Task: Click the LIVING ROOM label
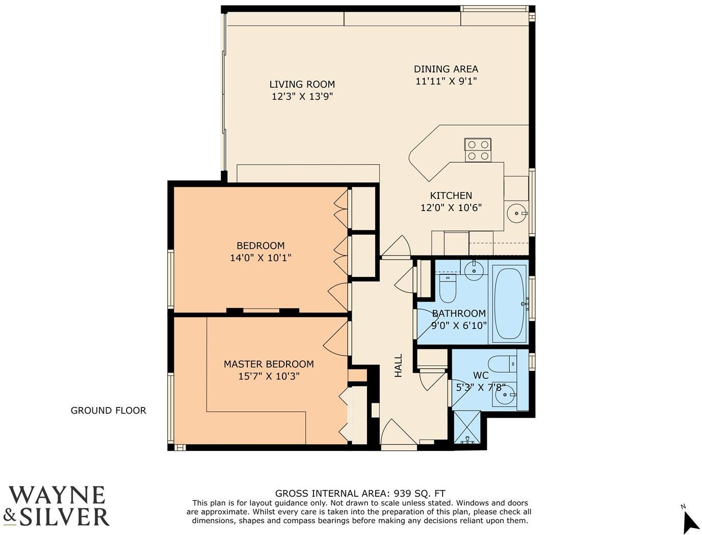click(x=302, y=84)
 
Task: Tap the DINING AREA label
click(x=446, y=69)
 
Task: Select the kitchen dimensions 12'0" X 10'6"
click(x=451, y=208)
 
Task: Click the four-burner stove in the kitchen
click(x=478, y=150)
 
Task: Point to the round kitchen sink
click(x=516, y=213)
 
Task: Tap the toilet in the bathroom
click(x=448, y=289)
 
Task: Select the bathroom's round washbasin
click(x=474, y=270)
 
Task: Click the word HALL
click(x=398, y=366)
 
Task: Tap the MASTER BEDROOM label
click(x=269, y=364)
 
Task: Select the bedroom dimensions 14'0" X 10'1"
click(x=261, y=258)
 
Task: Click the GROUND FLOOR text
click(x=108, y=411)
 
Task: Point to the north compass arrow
click(x=690, y=522)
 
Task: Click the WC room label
click(x=481, y=375)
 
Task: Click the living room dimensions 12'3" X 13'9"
click(x=302, y=96)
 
